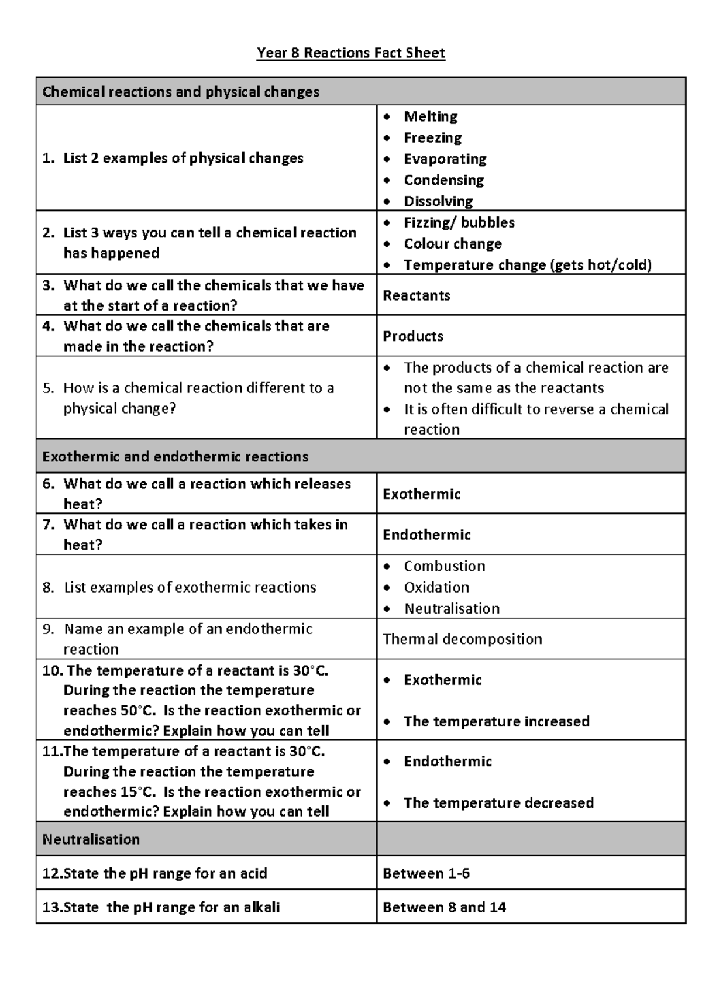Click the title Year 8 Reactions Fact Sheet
coord(351,53)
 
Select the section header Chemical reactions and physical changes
coord(181,92)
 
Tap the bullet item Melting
coord(431,116)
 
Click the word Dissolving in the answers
coord(438,201)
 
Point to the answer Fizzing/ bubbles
coord(459,222)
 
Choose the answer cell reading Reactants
coord(417,295)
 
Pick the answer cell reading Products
coord(413,336)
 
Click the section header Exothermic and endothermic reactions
coord(175,457)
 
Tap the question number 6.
coord(49,484)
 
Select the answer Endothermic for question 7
coord(426,535)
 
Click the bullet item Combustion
coord(445,566)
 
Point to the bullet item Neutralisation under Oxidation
coord(452,608)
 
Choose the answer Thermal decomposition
coord(462,639)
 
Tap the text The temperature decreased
coord(498,802)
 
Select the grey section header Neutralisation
coord(91,839)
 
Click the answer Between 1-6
coord(426,873)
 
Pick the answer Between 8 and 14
coord(444,907)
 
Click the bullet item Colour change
coord(453,244)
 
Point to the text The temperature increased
coord(496,721)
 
